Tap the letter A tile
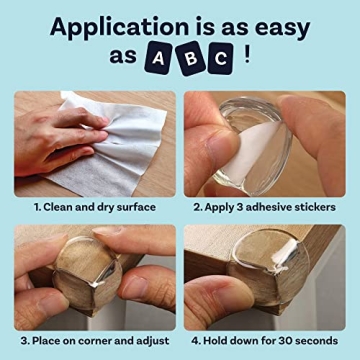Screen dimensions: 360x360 pyautogui.click(x=160, y=60)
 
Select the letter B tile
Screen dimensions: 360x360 pyautogui.click(x=191, y=60)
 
